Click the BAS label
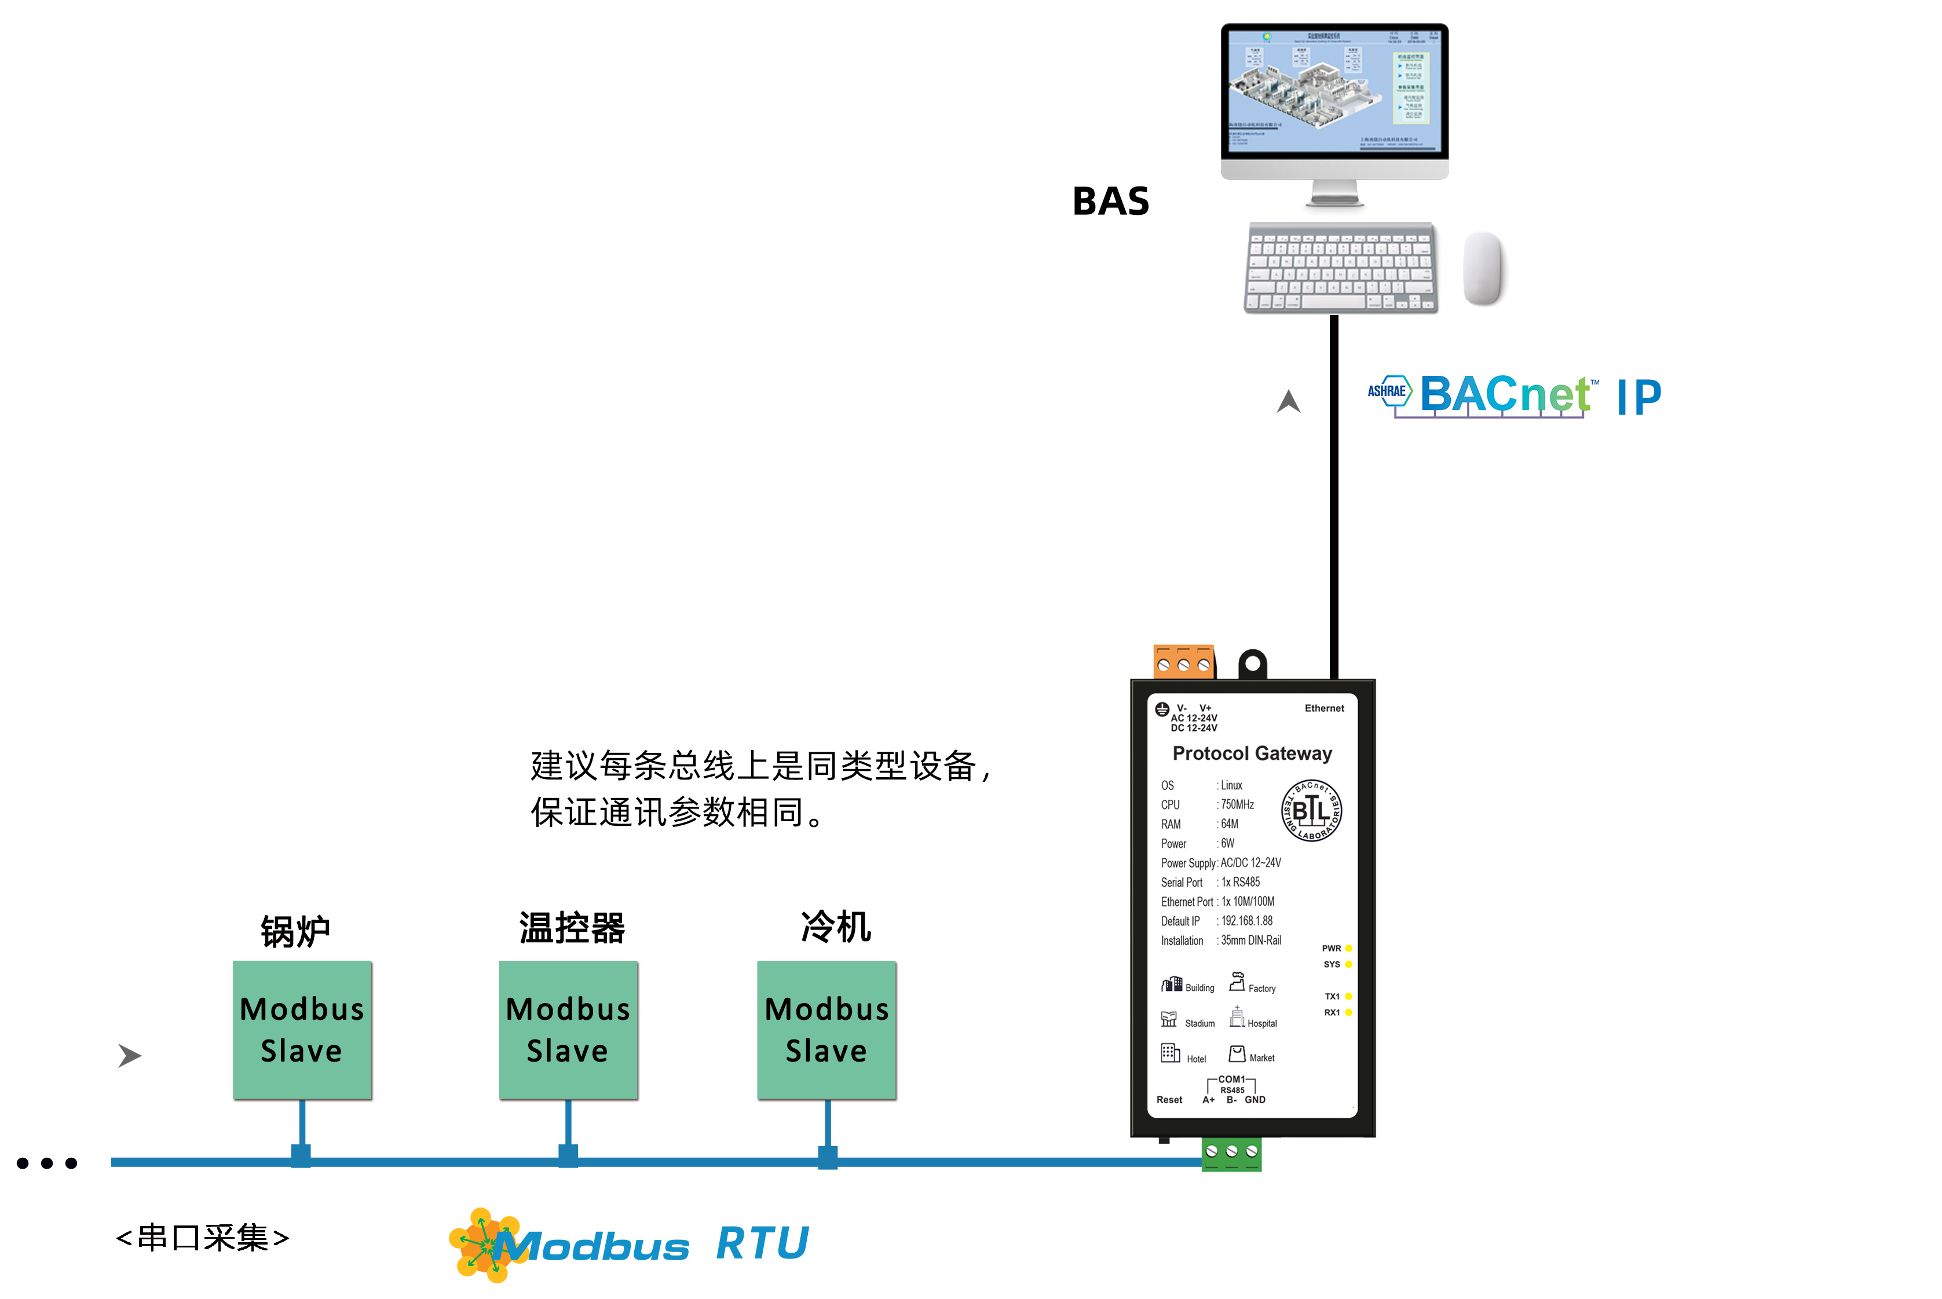pos(1110,202)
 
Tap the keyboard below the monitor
pos(1340,268)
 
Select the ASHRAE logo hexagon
pos(1388,391)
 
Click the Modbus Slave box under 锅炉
pos(302,1030)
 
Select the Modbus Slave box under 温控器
pos(568,1030)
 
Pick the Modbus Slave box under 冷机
pos(827,1030)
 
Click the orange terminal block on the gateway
pos(1183,662)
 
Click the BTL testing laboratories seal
pos(1311,810)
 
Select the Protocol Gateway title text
pos(1252,753)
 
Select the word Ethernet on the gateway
pos(1324,708)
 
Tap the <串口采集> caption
pos(203,1238)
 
